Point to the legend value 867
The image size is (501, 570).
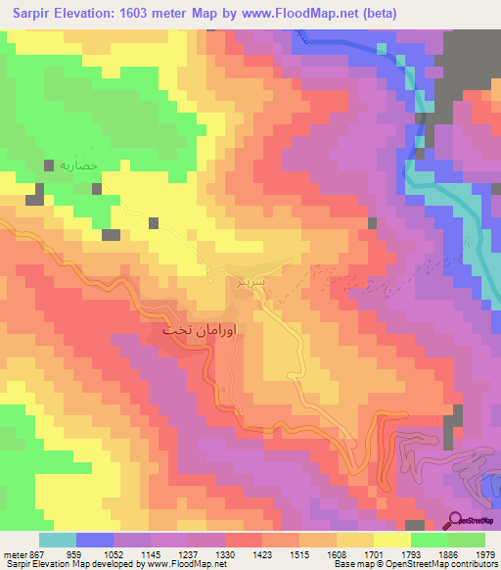[38, 553]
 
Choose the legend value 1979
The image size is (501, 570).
[483, 553]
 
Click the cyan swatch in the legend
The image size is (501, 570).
[57, 540]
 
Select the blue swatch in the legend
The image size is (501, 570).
[94, 540]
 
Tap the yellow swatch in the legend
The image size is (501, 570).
[391, 540]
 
